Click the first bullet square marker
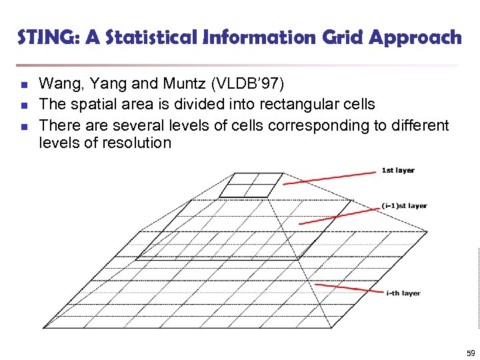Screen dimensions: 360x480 pyautogui.click(x=23, y=85)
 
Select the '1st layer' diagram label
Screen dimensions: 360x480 pyautogui.click(x=398, y=171)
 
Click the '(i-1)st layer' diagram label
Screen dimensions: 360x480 pyautogui.click(x=405, y=206)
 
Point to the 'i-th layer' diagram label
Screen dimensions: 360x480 pyautogui.click(x=403, y=293)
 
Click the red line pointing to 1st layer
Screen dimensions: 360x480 pyautogui.click(x=330, y=178)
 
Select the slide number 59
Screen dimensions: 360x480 pyautogui.click(x=471, y=353)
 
